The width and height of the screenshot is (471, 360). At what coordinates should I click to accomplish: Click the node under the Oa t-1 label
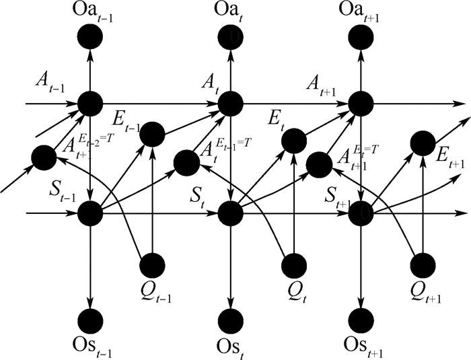click(x=89, y=37)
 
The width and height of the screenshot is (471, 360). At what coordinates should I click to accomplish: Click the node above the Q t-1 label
click(x=152, y=263)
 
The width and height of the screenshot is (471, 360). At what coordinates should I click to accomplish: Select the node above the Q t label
click(x=293, y=263)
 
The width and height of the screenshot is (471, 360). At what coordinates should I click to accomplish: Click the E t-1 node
click(x=152, y=133)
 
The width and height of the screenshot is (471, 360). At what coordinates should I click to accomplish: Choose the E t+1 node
click(x=423, y=141)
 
